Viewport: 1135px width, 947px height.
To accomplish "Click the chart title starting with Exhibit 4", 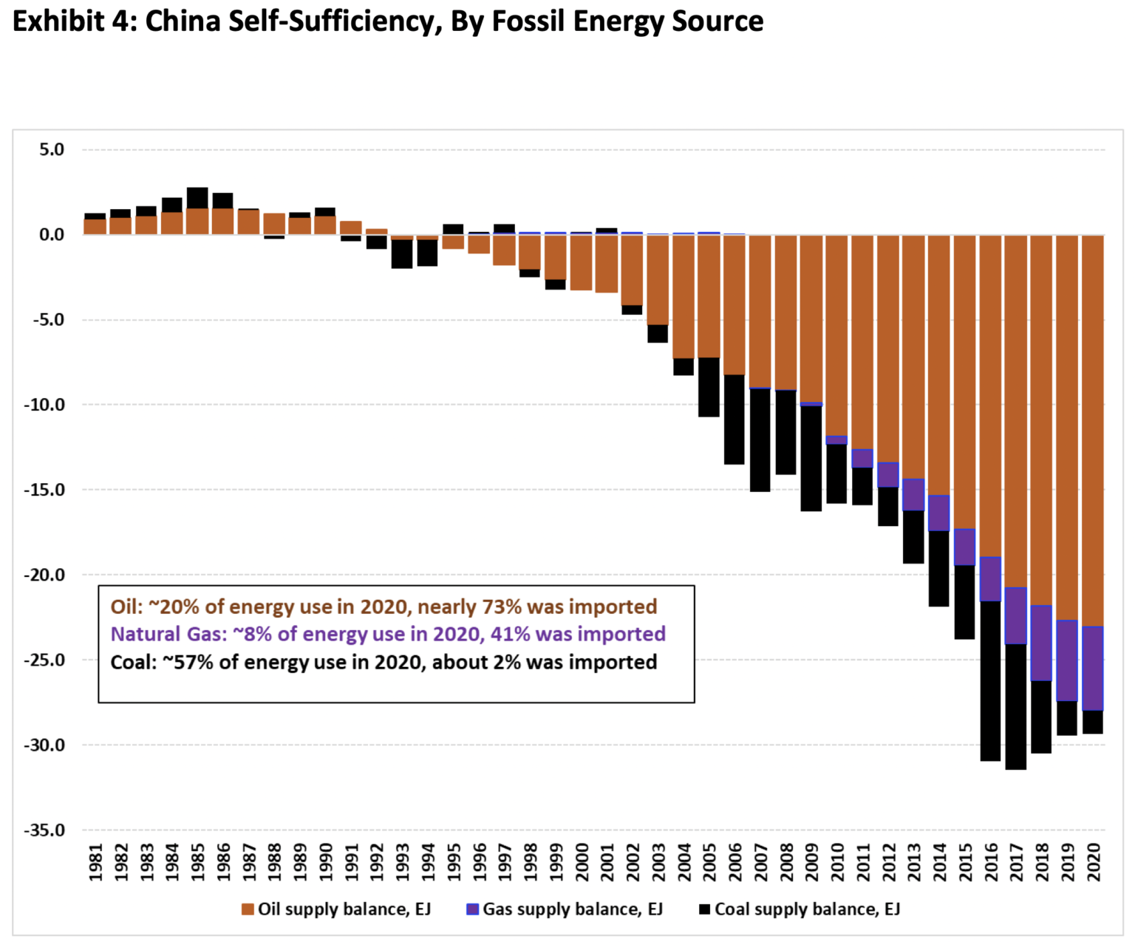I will click(388, 21).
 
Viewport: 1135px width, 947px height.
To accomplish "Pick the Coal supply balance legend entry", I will click(800, 909).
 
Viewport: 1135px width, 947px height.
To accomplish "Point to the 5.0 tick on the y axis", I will click(52, 150).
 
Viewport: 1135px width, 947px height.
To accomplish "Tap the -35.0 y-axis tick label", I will click(46, 830).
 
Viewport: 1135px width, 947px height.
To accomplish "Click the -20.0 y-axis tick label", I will click(46, 575).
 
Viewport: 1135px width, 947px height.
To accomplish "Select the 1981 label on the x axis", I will click(95, 863).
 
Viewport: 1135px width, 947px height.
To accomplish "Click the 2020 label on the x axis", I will click(1093, 863).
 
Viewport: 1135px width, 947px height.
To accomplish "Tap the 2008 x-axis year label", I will click(786, 863).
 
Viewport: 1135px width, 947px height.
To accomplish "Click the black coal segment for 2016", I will click(990, 681).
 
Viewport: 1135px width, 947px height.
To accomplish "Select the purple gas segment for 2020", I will click(1092, 669).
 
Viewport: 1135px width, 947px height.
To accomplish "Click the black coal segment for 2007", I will click(760, 440).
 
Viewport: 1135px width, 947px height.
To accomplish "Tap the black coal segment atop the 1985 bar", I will click(197, 198).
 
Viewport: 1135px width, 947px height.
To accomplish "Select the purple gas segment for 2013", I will click(913, 495).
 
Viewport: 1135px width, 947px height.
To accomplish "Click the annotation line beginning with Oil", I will click(384, 606).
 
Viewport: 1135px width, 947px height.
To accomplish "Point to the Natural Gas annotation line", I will click(388, 634).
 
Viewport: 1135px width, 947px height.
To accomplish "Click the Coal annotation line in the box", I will click(384, 662).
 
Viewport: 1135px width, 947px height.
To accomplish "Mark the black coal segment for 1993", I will click(402, 254).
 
